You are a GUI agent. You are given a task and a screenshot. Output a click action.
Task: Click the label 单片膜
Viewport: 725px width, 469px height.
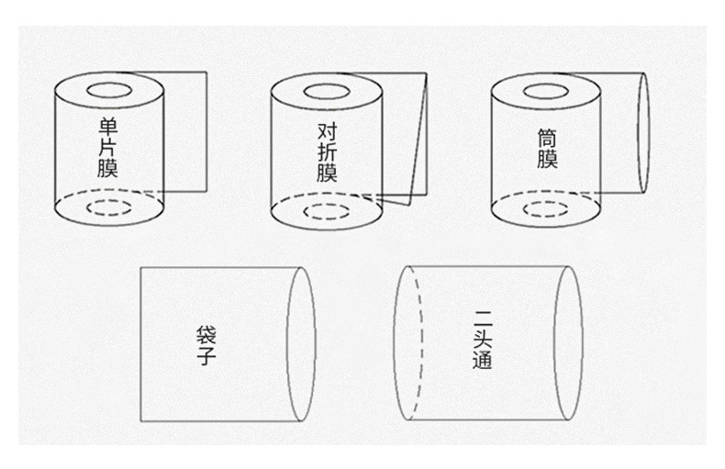coord(107,148)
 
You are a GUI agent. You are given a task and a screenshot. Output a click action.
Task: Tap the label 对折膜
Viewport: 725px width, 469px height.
coord(327,152)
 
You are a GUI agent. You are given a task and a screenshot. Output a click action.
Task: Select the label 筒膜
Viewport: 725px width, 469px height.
coord(548,149)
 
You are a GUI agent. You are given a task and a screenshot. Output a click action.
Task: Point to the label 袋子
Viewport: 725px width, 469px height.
coord(206,345)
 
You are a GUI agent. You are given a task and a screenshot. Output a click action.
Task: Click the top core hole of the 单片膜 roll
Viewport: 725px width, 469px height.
coord(109,84)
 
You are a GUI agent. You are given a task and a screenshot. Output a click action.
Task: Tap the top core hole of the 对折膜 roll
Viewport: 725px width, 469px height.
coord(327,84)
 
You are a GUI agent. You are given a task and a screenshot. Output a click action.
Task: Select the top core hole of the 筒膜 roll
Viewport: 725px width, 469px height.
coord(546,84)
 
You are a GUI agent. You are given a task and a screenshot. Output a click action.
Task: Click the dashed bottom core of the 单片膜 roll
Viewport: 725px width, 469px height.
coord(109,200)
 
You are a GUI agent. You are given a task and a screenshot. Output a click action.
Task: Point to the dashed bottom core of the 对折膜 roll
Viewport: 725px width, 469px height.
coord(327,204)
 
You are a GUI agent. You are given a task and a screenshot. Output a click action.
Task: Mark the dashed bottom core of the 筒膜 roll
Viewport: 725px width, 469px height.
coord(546,202)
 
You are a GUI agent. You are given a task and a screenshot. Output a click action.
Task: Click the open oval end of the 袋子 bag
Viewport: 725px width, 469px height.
coord(287,344)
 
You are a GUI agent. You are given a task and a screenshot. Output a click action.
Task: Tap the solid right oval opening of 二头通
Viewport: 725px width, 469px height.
coord(554,343)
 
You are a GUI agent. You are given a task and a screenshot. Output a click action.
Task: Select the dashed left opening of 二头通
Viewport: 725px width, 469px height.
coord(422,343)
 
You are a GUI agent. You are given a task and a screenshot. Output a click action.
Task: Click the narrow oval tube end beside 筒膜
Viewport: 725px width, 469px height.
coord(639,133)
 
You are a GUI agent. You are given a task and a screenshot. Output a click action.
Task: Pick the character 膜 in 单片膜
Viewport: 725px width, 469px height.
coord(107,168)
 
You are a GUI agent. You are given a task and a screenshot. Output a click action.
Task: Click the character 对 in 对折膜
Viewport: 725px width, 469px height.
coord(327,133)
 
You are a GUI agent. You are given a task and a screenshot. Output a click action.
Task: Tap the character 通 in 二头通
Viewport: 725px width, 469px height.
coord(482,359)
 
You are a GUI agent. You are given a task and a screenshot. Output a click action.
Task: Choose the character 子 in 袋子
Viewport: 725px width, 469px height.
coord(206,356)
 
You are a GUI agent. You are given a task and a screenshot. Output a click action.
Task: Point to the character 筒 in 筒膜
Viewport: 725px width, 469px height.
coord(548,139)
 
